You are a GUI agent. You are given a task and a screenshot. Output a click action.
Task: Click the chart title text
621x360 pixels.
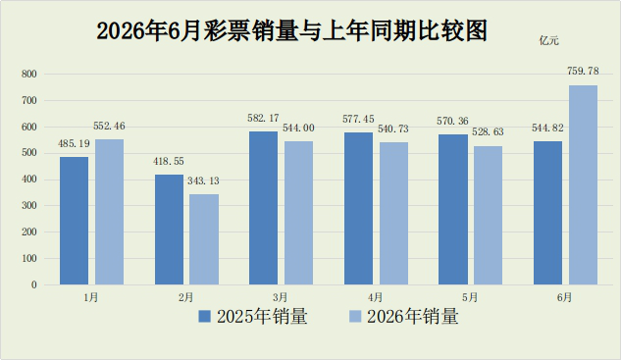(292, 30)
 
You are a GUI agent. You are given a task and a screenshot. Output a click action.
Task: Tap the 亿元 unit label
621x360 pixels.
(549, 41)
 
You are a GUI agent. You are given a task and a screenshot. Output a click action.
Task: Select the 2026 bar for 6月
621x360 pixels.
(583, 185)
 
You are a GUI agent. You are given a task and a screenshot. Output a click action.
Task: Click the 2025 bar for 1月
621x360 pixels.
(74, 221)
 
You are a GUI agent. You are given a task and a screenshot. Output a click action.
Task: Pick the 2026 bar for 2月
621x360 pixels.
(204, 239)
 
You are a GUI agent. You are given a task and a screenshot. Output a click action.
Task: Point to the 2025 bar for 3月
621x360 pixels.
(263, 208)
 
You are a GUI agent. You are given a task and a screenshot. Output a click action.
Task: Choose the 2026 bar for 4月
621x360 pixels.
(393, 214)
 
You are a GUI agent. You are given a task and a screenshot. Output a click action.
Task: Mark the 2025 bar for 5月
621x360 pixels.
(452, 210)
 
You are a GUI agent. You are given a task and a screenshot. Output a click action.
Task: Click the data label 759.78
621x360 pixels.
(583, 71)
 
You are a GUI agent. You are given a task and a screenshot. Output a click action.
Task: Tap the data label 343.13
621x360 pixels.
(203, 180)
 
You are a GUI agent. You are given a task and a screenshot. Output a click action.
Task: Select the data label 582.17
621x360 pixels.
(263, 118)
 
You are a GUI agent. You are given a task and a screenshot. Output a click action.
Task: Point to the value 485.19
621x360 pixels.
(74, 143)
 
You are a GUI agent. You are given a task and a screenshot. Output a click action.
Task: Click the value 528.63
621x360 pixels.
(488, 131)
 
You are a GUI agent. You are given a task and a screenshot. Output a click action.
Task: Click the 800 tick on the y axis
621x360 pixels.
(29, 74)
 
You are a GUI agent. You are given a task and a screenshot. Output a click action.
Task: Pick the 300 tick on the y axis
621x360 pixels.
(29, 206)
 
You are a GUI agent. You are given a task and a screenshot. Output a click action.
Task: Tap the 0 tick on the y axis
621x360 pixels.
(34, 284)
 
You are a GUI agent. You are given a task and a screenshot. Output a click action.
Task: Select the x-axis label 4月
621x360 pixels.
(375, 297)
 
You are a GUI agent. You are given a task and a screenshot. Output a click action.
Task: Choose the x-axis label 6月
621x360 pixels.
(564, 297)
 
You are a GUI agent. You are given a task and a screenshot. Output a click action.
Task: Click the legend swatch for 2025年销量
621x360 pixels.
(204, 317)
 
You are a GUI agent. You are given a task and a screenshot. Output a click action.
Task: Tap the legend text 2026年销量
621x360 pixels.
(413, 317)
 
